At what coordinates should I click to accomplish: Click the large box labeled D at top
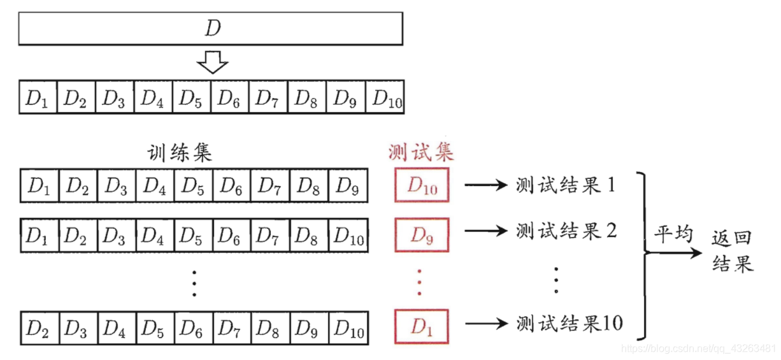coord(210,29)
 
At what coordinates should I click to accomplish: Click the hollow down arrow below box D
coord(212,62)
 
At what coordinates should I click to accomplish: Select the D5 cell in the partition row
coord(191,97)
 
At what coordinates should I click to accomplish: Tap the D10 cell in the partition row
coord(387,97)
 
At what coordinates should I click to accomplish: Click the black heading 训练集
coord(179,154)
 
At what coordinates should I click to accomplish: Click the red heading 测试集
coord(420,152)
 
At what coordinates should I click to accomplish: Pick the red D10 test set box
coord(422,186)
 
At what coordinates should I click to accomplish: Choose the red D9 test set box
coord(422,235)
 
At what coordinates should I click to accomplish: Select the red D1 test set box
coord(422,326)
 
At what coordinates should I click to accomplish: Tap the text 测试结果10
coord(569,323)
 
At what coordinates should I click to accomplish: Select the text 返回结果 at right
coord(733,251)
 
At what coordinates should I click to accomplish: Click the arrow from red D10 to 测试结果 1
coord(487,186)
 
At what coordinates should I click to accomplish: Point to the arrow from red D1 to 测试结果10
coord(487,324)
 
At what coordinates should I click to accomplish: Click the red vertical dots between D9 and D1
coord(420,281)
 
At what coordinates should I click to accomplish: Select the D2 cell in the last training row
coord(38,328)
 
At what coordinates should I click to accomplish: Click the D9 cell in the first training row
coord(348,187)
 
